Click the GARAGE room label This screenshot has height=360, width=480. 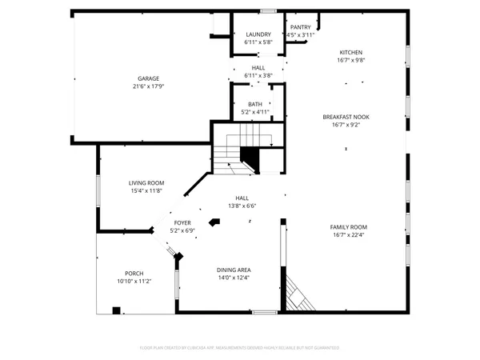pyautogui.click(x=147, y=78)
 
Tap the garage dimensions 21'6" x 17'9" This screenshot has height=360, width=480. pyautogui.click(x=147, y=86)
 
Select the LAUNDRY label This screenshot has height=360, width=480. pyautogui.click(x=258, y=34)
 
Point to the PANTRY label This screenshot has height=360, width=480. pyautogui.click(x=301, y=27)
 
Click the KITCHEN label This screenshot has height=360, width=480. pyautogui.click(x=350, y=52)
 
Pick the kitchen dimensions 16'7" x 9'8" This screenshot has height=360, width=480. pyautogui.click(x=350, y=60)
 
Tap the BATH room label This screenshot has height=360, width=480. pyautogui.click(x=254, y=104)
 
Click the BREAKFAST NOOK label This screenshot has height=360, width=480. pyautogui.click(x=346, y=117)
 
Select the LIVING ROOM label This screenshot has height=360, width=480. pyautogui.click(x=146, y=183)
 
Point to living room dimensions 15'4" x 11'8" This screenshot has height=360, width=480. pyautogui.click(x=146, y=191)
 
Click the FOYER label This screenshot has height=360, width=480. pyautogui.click(x=182, y=222)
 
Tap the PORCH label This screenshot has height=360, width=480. pyautogui.click(x=134, y=274)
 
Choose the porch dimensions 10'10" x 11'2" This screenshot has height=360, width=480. pyautogui.click(x=134, y=282)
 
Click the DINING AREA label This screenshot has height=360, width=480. pyautogui.click(x=234, y=270)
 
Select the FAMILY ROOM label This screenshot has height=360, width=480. pyautogui.click(x=348, y=227)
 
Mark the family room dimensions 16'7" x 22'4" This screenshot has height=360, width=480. pyautogui.click(x=348, y=235)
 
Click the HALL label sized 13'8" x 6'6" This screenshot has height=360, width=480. pyautogui.click(x=242, y=198)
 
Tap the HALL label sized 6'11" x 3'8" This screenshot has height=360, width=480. pyautogui.click(x=258, y=68)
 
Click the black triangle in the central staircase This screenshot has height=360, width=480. pyautogui.click(x=250, y=157)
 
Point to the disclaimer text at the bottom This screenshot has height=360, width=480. pyautogui.click(x=240, y=348)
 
